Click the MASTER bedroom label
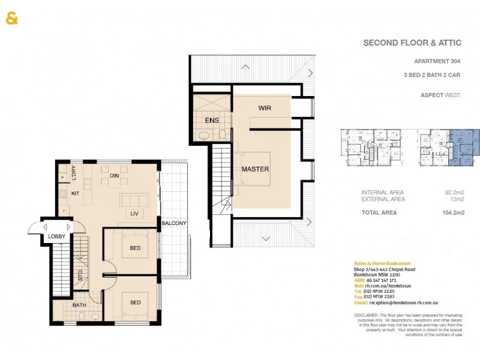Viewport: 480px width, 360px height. pyautogui.click(x=255, y=169)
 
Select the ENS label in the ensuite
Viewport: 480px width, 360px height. pyautogui.click(x=212, y=121)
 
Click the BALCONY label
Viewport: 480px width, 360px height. pyautogui.click(x=173, y=224)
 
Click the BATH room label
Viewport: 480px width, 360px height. pyautogui.click(x=80, y=305)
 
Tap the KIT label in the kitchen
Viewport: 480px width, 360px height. pyautogui.click(x=76, y=194)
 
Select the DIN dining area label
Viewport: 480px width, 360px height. pyautogui.click(x=115, y=176)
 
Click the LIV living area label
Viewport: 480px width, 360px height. pyautogui.click(x=136, y=213)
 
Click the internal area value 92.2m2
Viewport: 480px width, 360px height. pyautogui.click(x=454, y=192)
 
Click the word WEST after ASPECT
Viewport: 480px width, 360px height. pyautogui.click(x=451, y=95)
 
